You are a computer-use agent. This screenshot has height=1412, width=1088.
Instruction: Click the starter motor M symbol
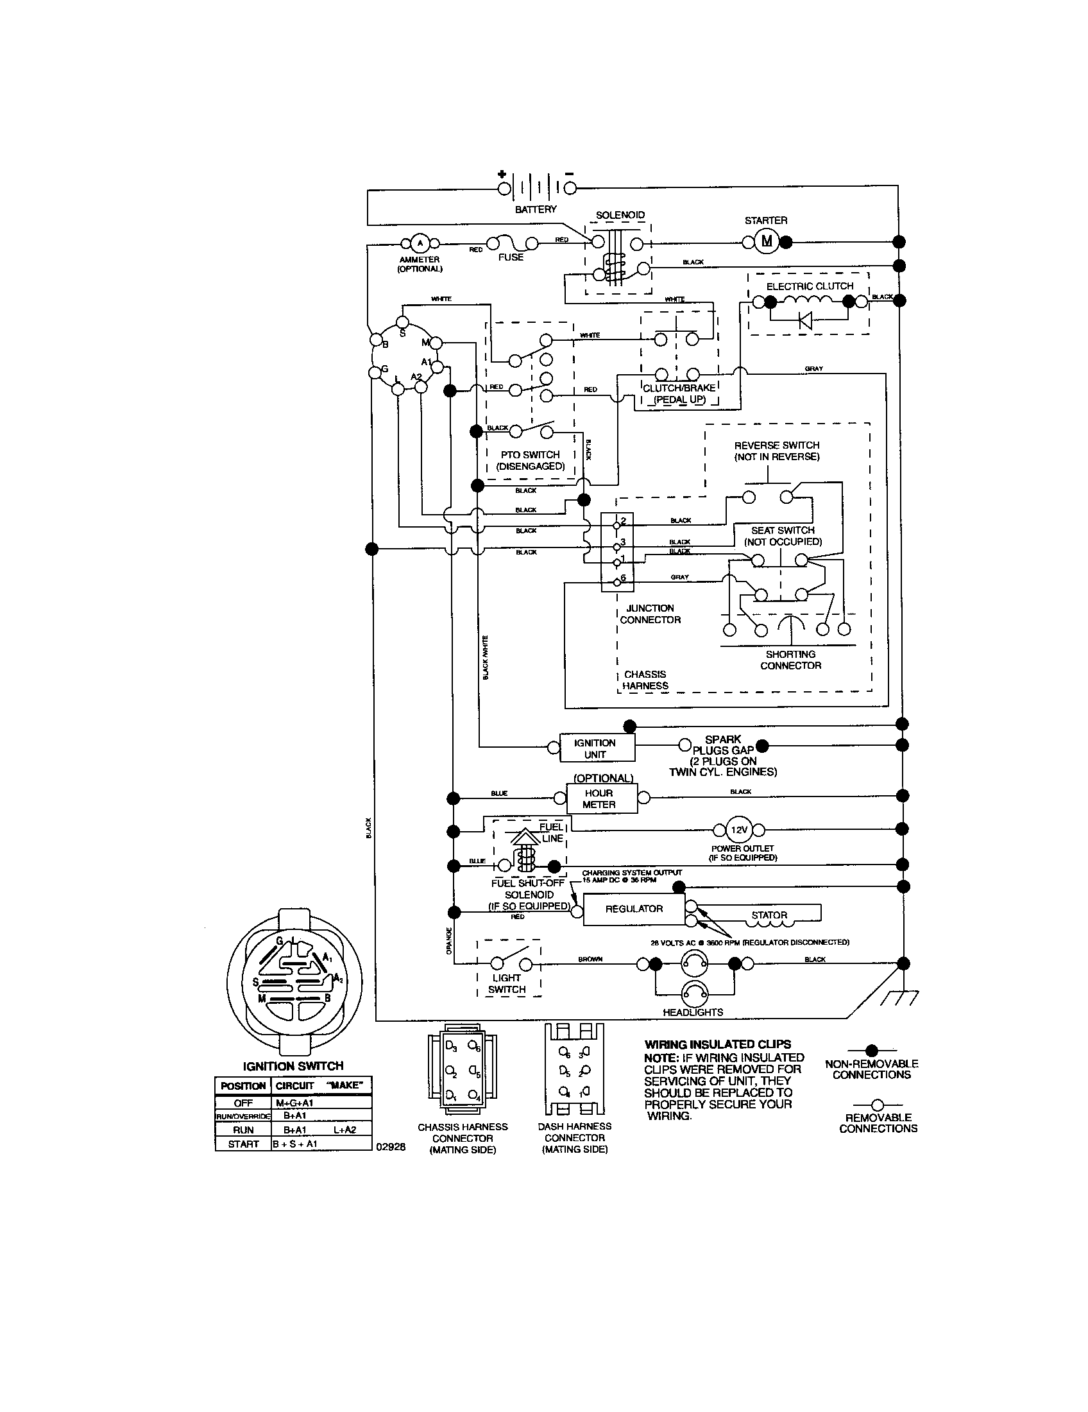767,242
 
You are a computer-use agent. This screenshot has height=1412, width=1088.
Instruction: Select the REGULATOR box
634,909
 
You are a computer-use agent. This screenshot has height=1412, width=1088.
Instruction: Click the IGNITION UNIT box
595,748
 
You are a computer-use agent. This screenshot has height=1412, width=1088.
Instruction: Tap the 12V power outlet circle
738,829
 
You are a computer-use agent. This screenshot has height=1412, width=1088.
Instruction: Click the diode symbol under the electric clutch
805,320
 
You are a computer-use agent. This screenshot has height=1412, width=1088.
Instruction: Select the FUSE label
511,257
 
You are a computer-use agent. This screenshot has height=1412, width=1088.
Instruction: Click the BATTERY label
536,209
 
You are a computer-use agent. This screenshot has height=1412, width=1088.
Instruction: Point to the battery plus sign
502,174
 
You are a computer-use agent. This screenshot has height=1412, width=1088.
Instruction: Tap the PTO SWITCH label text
530,454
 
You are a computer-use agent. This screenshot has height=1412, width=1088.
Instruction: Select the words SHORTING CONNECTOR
790,659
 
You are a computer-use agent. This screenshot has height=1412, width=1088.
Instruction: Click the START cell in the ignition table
243,1144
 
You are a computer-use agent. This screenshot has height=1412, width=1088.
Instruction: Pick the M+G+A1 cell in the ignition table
294,1102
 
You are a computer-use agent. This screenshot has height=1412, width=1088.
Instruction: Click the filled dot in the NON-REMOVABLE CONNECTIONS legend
872,1050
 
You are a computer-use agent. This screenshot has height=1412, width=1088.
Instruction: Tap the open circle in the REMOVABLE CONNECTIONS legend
878,1106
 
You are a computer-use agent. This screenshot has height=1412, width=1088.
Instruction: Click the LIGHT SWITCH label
507,983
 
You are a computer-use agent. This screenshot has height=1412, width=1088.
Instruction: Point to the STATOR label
769,915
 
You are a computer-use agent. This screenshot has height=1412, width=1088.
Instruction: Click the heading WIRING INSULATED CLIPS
717,1044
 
